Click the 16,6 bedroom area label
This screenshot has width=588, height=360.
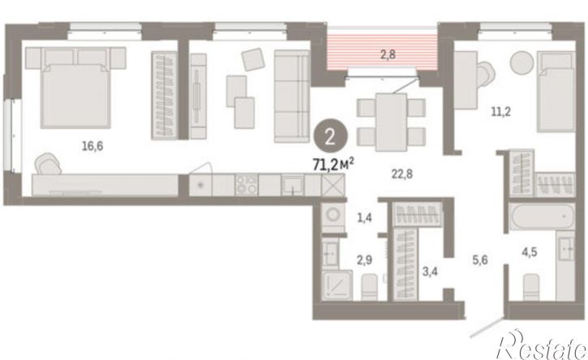(92, 146)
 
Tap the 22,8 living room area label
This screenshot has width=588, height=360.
(402, 174)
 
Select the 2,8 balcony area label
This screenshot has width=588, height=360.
(388, 54)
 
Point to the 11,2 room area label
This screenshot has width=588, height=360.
(501, 111)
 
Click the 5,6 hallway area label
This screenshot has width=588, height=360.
(480, 259)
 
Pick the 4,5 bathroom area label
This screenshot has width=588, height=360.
(530, 252)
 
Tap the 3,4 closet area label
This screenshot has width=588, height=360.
(430, 271)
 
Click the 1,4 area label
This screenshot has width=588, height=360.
(364, 217)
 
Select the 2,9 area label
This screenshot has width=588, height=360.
(364, 259)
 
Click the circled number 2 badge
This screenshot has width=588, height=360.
(330, 138)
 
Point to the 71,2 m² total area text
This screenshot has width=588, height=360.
(334, 164)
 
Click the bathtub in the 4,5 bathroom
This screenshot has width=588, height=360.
(542, 216)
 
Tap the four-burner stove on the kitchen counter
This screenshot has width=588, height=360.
(247, 185)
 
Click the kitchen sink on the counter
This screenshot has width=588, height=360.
(293, 185)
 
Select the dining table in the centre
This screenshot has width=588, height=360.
(391, 122)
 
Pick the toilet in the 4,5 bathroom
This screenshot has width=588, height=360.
(531, 287)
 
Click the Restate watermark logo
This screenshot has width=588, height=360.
(541, 345)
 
